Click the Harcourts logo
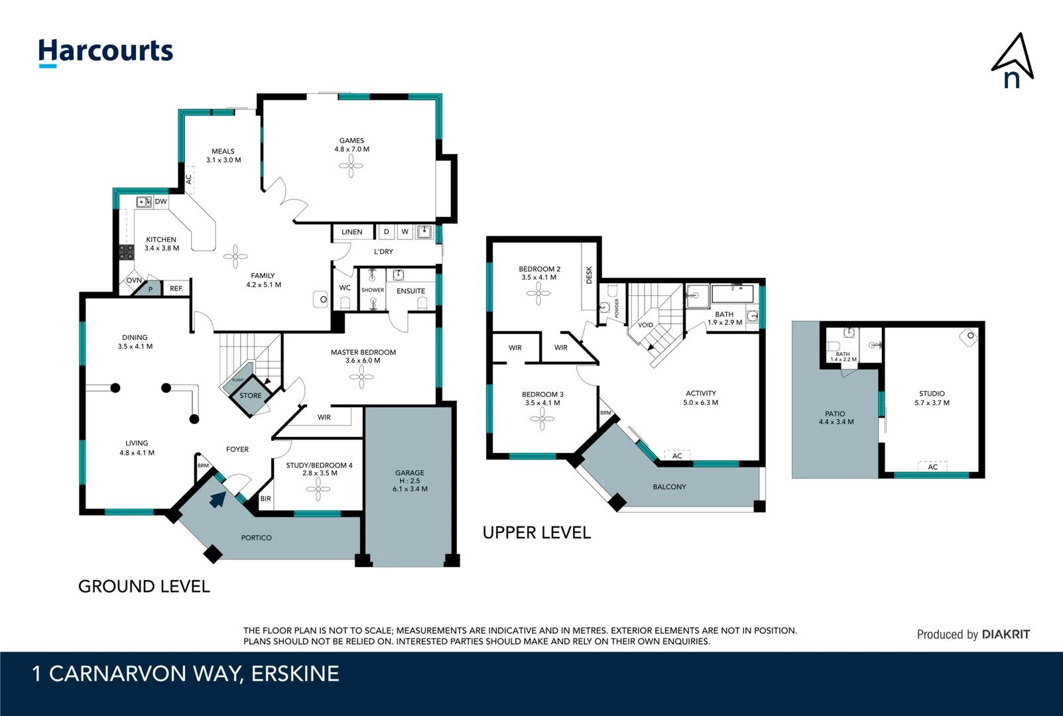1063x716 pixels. (x=105, y=52)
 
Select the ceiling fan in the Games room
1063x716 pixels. (x=351, y=166)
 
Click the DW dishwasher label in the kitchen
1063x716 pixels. (x=160, y=202)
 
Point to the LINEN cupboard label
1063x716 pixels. (x=352, y=232)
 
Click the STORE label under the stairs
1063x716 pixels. (x=251, y=396)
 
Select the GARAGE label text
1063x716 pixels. (x=410, y=473)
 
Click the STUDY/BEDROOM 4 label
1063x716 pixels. (x=319, y=465)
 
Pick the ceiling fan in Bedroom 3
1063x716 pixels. (x=542, y=418)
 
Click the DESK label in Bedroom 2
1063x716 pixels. (x=589, y=275)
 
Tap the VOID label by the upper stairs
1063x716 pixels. (x=645, y=325)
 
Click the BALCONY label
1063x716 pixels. (x=669, y=487)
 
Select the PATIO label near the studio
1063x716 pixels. (x=835, y=414)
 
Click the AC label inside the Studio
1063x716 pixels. (x=932, y=467)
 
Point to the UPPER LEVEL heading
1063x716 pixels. (x=536, y=533)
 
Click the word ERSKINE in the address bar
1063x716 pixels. (x=295, y=674)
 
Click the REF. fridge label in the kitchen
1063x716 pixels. (x=176, y=288)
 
